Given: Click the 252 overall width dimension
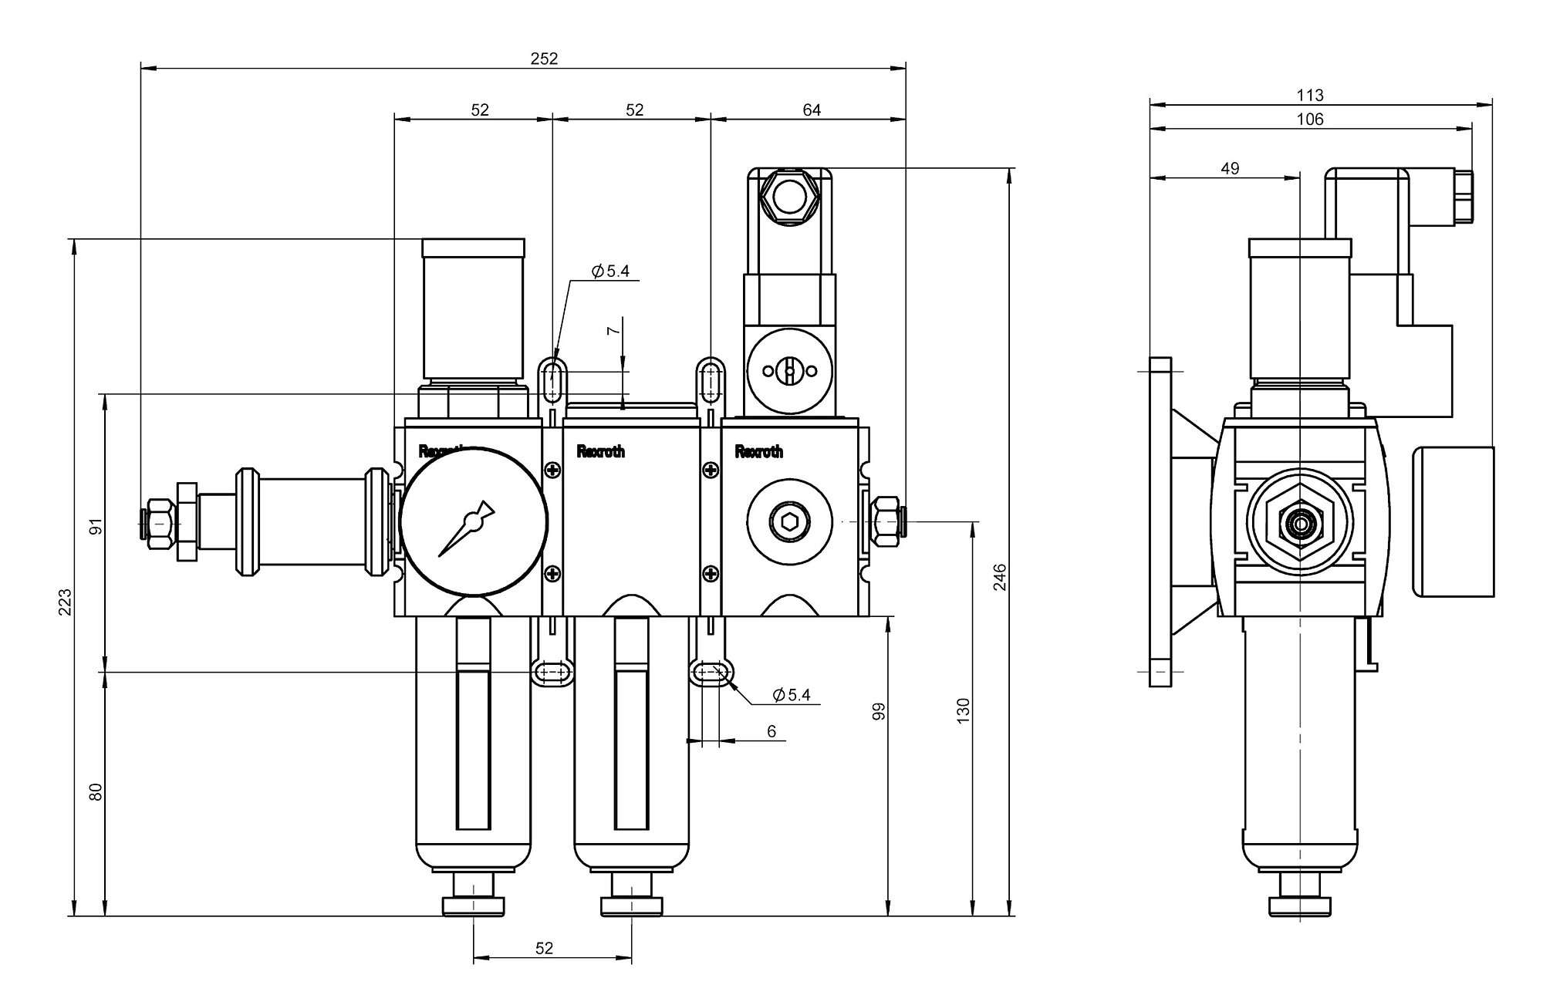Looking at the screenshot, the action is [x=545, y=59].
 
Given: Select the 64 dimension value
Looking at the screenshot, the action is [x=812, y=110].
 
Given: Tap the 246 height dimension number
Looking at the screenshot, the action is [x=1000, y=577].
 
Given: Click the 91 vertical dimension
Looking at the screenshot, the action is [x=96, y=528].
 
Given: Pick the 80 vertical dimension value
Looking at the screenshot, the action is [x=96, y=792].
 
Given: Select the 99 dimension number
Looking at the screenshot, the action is [x=878, y=711].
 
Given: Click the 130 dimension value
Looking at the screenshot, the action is [x=962, y=710].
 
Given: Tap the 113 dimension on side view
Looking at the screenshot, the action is [x=1310, y=96].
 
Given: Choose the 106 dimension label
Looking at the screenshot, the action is [x=1310, y=120].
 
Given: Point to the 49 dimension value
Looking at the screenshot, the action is [x=1231, y=168].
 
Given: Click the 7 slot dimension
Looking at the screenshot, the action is [x=613, y=330].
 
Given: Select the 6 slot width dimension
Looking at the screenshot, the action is [x=771, y=731].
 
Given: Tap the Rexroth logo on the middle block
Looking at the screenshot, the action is [x=601, y=451].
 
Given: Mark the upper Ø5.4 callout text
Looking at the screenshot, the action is [x=610, y=272].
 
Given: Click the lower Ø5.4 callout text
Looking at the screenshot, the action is [x=792, y=695].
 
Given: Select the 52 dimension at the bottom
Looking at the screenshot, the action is [x=545, y=948].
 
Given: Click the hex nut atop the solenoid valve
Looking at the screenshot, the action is [x=788, y=196].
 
